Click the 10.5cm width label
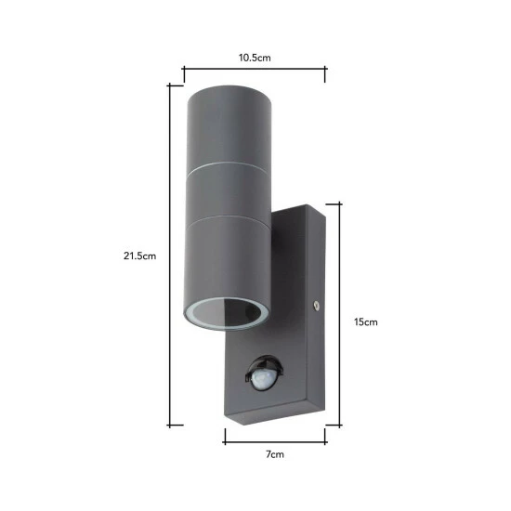tap(255, 58)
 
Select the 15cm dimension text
tap(367, 322)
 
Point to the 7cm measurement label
tap(275, 456)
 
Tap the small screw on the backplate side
tap(317, 304)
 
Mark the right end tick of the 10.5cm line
tap(326, 68)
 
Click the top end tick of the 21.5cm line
tap(169, 85)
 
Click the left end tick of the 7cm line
tap(224, 435)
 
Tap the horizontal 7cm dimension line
tap(275, 435)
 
